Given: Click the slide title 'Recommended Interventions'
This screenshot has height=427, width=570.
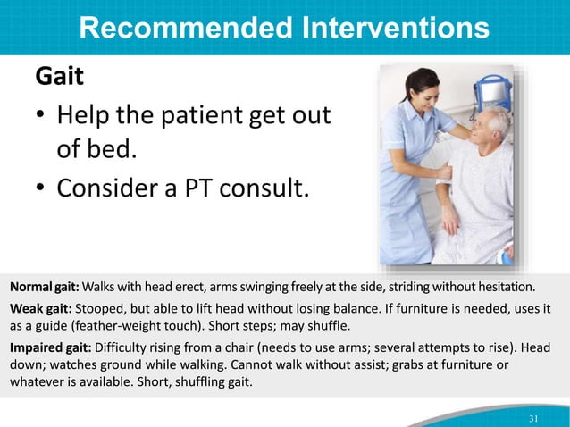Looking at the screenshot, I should (284, 28).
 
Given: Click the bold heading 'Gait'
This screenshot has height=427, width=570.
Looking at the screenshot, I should (59, 77).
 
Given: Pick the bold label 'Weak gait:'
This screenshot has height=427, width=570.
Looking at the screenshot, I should (40, 308).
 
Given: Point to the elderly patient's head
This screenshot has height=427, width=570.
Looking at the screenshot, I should (489, 127).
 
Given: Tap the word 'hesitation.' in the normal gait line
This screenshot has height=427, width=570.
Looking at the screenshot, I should (505, 289).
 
